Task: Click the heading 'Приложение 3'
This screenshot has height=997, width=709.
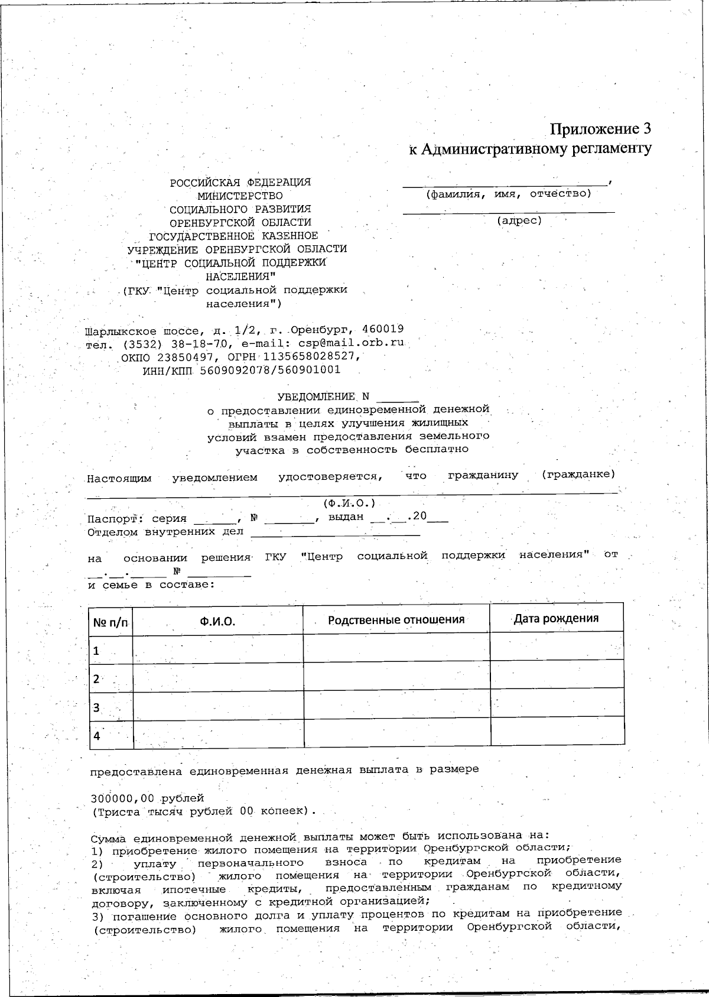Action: click(600, 129)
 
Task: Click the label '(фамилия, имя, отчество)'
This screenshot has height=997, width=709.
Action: click(508, 193)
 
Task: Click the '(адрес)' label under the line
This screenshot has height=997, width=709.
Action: click(519, 221)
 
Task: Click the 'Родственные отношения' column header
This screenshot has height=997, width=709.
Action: click(396, 619)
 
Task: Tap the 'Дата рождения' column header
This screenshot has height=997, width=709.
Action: click(556, 618)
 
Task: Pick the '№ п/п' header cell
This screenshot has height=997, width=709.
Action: click(110, 622)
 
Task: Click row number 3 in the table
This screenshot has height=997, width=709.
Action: click(96, 707)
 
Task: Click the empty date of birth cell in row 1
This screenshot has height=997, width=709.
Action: click(557, 646)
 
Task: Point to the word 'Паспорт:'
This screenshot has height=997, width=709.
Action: click(115, 519)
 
